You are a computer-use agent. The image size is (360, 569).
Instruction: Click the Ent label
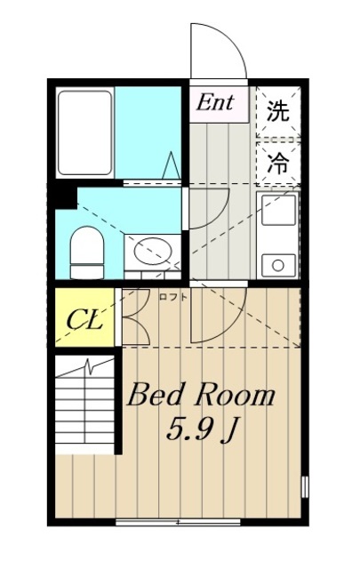[x=216, y=102]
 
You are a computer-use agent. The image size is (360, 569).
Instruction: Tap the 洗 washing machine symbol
[x=278, y=111]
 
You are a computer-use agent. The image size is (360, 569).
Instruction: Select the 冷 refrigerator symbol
[x=278, y=163]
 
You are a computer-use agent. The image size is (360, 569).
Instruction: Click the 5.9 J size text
[x=204, y=432]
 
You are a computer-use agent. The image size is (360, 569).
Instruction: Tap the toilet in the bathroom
[x=86, y=250]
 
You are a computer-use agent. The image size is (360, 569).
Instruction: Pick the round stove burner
[x=279, y=263]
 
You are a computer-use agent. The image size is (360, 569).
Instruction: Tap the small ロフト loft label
[x=172, y=297]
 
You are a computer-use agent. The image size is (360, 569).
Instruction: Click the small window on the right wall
[x=305, y=488]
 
